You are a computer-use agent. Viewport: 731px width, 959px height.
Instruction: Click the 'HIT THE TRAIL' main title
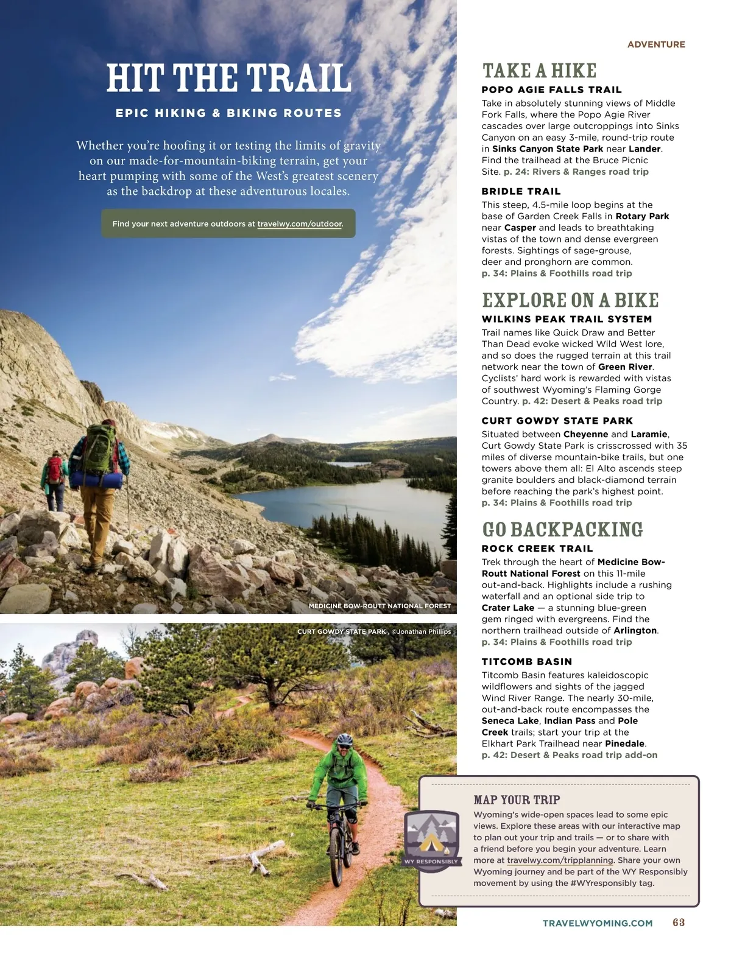point(228,79)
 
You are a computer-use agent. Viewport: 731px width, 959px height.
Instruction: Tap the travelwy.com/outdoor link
point(299,224)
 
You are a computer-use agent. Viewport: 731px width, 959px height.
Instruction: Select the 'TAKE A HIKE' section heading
point(539,71)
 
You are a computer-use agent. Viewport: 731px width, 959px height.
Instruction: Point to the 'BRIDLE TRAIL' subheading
point(521,191)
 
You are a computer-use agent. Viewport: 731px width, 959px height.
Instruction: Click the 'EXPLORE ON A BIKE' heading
point(570,300)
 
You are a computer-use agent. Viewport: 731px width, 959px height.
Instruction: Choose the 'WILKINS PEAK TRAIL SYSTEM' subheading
point(567,319)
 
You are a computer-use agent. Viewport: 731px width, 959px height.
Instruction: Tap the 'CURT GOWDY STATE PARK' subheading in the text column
point(557,421)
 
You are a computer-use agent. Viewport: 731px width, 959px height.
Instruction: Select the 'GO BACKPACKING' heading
point(562,530)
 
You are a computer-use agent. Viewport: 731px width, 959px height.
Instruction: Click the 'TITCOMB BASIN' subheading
point(526,662)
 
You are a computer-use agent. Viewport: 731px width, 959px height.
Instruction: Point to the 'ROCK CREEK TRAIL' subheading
point(537,549)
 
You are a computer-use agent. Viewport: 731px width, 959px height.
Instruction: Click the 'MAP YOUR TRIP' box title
point(517,800)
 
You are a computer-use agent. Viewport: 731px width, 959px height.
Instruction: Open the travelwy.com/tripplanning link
point(560,860)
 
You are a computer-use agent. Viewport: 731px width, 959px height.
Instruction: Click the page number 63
point(679,922)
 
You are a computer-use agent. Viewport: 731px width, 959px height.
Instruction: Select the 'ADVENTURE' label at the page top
point(656,44)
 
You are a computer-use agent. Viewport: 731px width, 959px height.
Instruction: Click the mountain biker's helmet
point(345,739)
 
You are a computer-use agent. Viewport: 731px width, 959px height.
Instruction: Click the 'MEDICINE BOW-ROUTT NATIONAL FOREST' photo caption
point(380,606)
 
